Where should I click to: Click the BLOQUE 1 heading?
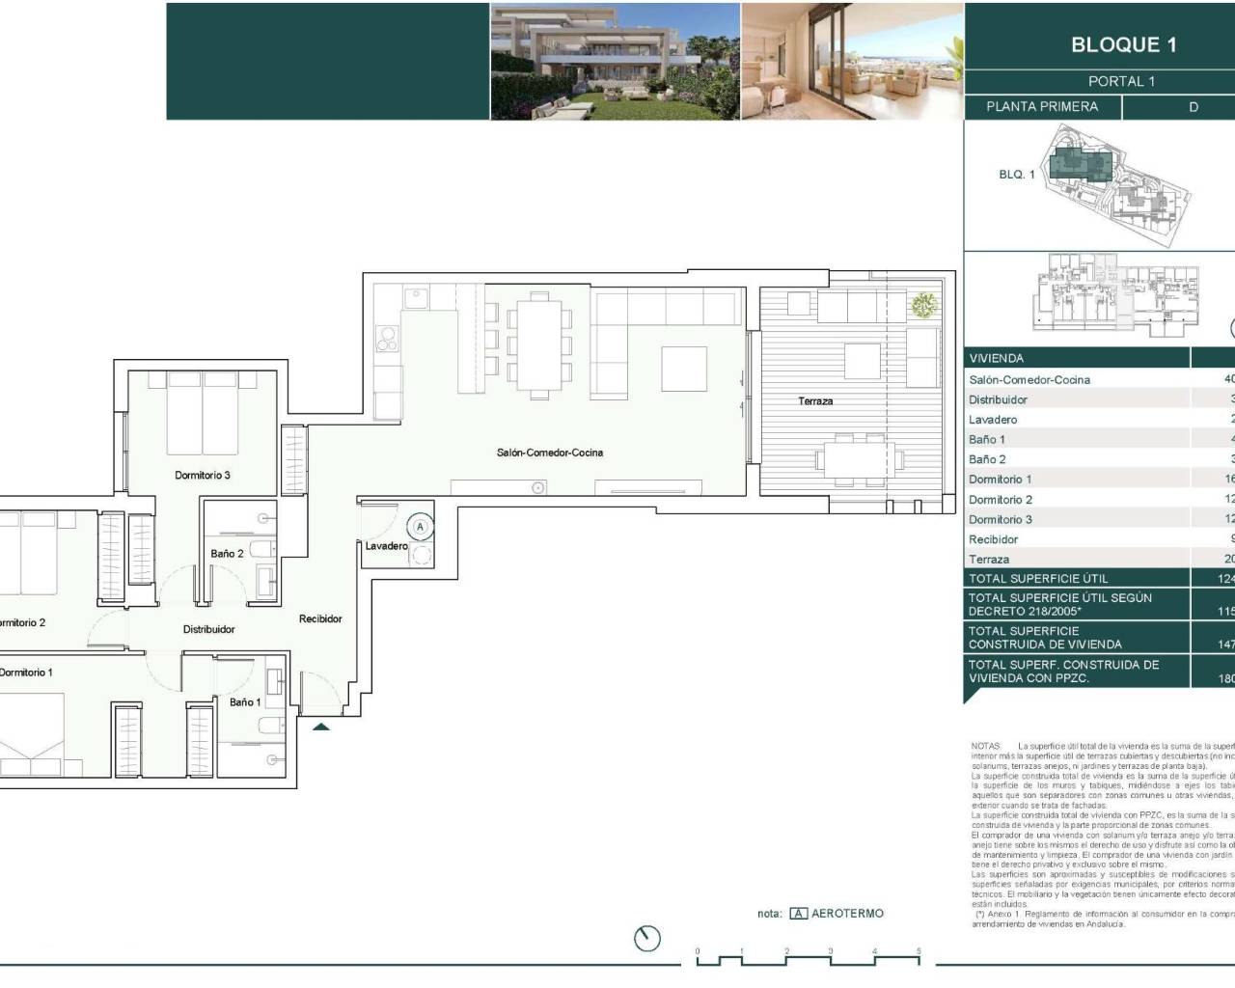click(1123, 44)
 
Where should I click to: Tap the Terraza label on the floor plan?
click(815, 400)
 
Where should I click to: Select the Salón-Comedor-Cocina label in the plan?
click(550, 453)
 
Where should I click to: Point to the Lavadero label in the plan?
click(386, 546)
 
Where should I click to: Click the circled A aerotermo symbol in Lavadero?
click(420, 527)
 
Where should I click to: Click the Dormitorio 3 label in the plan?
click(203, 475)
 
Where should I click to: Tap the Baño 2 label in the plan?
click(227, 554)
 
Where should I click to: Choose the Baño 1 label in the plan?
click(245, 702)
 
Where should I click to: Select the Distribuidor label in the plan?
click(208, 629)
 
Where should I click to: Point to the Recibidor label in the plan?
click(320, 619)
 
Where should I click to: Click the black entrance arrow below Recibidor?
click(321, 727)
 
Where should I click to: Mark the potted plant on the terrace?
click(923, 305)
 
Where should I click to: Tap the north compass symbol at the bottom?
click(648, 938)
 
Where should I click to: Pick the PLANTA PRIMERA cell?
click(1042, 107)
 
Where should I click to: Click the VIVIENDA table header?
click(996, 358)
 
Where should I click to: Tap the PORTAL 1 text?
click(1121, 82)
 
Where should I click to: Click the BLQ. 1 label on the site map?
click(1016, 175)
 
